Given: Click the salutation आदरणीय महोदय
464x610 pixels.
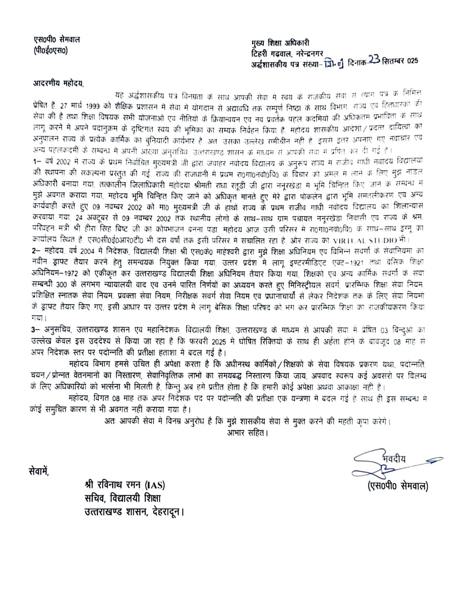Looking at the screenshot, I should click(x=58, y=83).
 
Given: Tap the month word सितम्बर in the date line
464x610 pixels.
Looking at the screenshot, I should click(x=393, y=61).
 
